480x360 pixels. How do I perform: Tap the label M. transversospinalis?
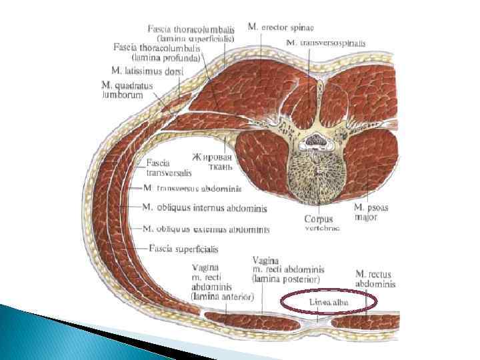[x=326, y=43]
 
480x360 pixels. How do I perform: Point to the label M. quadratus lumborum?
[x=127, y=90]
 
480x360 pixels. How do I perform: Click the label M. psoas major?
[x=371, y=212]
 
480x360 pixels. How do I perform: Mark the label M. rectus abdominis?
[x=375, y=279]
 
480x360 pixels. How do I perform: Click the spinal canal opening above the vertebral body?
[x=318, y=140]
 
